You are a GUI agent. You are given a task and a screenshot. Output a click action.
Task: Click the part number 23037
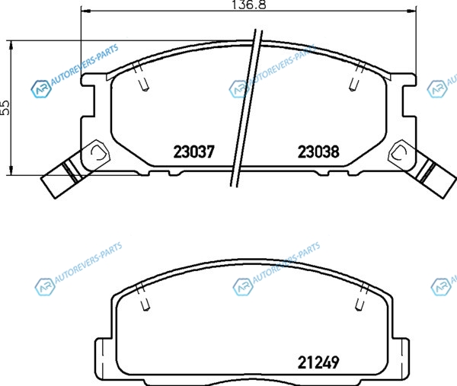193,152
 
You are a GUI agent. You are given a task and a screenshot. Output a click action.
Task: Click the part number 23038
318,152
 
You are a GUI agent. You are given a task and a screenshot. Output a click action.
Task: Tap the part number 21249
318,362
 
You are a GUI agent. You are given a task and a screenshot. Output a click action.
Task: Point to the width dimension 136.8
248,5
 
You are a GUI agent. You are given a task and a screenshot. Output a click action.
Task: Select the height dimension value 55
5,107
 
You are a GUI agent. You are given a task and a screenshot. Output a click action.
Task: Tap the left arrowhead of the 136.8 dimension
85,11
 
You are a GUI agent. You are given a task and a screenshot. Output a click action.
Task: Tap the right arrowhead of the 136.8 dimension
411,11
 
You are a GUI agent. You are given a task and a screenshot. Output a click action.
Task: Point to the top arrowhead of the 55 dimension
11,46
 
